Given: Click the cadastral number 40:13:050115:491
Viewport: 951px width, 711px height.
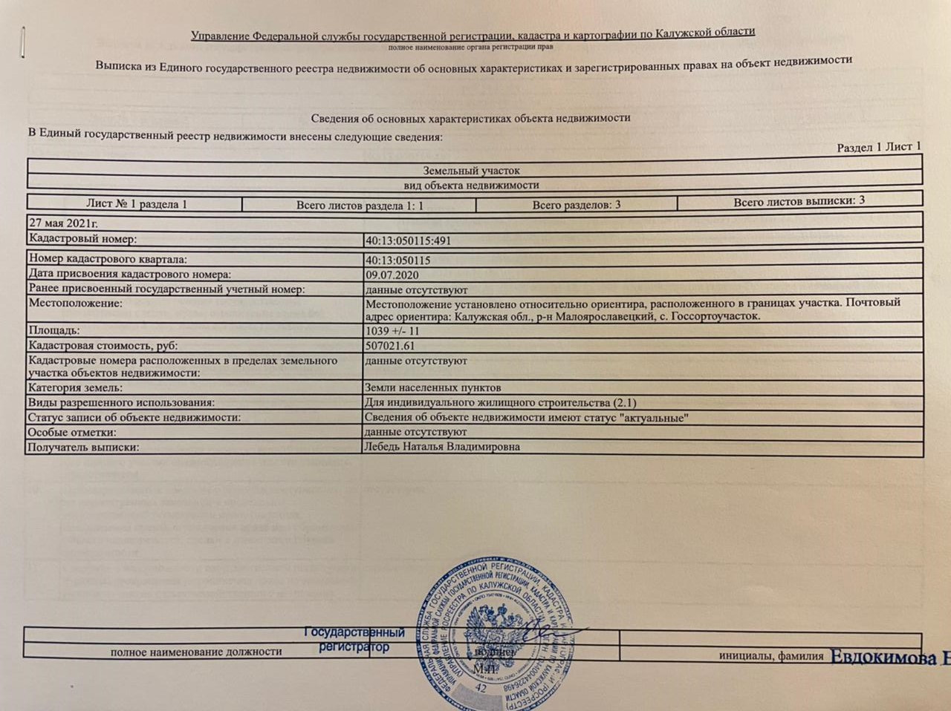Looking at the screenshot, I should tap(408, 241).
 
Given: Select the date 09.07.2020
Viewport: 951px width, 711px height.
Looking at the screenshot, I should tap(392, 275).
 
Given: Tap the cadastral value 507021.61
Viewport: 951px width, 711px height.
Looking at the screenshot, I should tap(390, 346).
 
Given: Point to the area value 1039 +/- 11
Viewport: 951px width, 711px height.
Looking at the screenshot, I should tap(392, 331).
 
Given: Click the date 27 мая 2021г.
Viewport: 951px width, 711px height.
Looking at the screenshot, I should tap(62, 223).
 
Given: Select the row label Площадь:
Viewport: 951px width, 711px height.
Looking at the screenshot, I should tap(53, 330).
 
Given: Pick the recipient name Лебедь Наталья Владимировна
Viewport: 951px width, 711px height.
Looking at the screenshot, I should tap(441, 447).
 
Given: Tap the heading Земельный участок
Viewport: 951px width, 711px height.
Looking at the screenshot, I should tap(471, 170).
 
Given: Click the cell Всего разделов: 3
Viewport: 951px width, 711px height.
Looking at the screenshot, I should tap(576, 204).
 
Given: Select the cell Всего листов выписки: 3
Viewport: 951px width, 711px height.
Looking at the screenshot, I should tap(799, 201).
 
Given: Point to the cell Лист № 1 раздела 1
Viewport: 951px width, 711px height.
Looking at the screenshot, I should tap(136, 203).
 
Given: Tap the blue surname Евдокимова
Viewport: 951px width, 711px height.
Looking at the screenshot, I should tap(884, 658).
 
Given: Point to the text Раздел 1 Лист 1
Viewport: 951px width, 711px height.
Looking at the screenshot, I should tap(879, 147).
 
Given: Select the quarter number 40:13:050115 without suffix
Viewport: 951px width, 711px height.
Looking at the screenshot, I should tap(397, 261).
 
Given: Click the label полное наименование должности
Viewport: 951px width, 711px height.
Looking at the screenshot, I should tap(196, 652).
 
